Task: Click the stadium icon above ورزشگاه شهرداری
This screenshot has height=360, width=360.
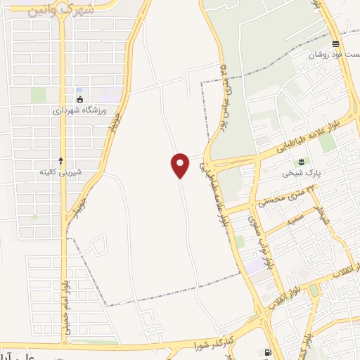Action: [79, 98]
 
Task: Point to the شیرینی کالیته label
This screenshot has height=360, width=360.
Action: [61, 172]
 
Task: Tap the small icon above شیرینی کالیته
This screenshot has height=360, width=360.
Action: [61, 160]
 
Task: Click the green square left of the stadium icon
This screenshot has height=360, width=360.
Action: [39, 94]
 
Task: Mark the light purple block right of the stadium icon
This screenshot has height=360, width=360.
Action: [110, 93]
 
